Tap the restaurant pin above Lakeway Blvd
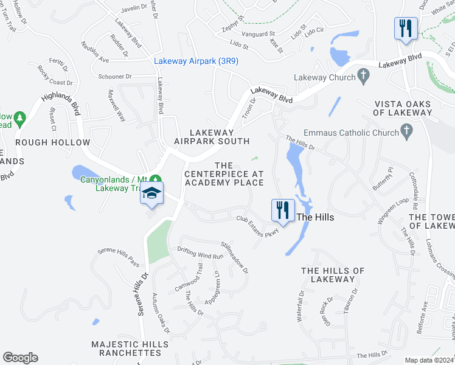pos(405,28)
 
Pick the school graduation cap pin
pos(151,194)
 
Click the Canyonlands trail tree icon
pos(156,179)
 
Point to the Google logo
pos(20,358)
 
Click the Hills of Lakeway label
pos(332,275)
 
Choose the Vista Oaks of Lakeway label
pos(403,108)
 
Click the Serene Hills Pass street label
pos(119,257)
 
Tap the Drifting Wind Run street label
pos(200,253)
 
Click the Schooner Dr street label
pos(111,77)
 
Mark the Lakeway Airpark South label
pos(212,137)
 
